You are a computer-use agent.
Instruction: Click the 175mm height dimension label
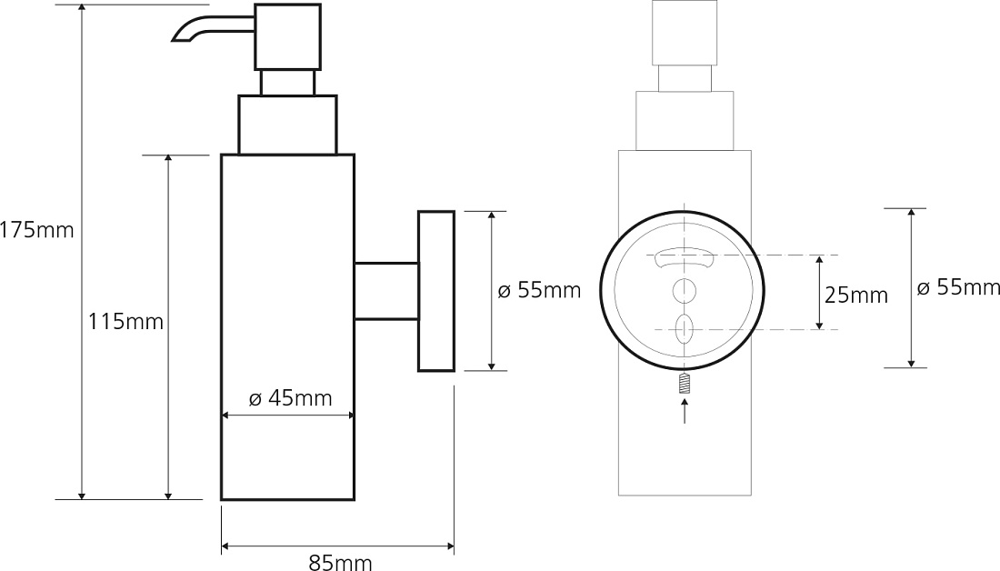[x=36, y=230]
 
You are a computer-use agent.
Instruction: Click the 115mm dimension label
[x=125, y=322]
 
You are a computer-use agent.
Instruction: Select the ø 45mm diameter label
[x=290, y=398]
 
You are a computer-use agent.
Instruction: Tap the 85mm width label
[x=340, y=561]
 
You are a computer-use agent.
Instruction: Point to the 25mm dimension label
[x=855, y=295]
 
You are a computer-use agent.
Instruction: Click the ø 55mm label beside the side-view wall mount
[x=539, y=290]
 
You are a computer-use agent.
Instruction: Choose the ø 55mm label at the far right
[x=958, y=287]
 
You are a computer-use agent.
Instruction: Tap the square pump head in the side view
[x=287, y=37]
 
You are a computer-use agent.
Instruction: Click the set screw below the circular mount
[x=685, y=384]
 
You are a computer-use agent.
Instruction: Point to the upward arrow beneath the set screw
[x=685, y=410]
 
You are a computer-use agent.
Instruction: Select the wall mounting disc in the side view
[x=436, y=291]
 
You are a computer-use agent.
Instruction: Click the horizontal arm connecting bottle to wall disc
[x=386, y=290]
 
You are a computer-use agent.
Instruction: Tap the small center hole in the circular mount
[x=684, y=291]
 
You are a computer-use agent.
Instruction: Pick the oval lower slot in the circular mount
[x=684, y=328]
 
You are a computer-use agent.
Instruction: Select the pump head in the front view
[x=685, y=33]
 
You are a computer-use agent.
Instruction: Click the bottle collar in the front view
[x=685, y=121]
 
